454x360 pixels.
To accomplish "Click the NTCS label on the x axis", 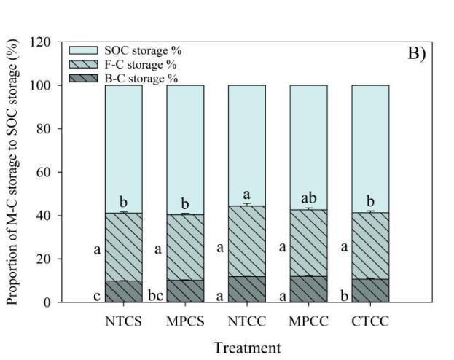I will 122,318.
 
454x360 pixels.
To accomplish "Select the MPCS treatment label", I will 184,318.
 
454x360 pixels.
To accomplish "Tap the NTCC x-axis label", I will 246,318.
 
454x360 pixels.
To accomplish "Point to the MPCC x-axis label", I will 308,318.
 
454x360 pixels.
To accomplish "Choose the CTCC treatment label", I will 370,318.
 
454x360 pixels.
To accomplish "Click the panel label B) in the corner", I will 414,55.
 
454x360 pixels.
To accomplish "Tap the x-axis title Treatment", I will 246,348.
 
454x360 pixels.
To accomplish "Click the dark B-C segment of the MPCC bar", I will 308,289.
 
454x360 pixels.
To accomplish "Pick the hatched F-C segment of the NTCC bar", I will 246,240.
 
